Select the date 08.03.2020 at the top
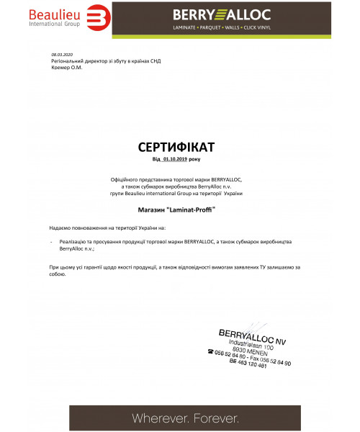coord(63,54)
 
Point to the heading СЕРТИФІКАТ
coord(176,147)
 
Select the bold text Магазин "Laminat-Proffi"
coord(176,209)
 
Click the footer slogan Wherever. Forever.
coord(184,418)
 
